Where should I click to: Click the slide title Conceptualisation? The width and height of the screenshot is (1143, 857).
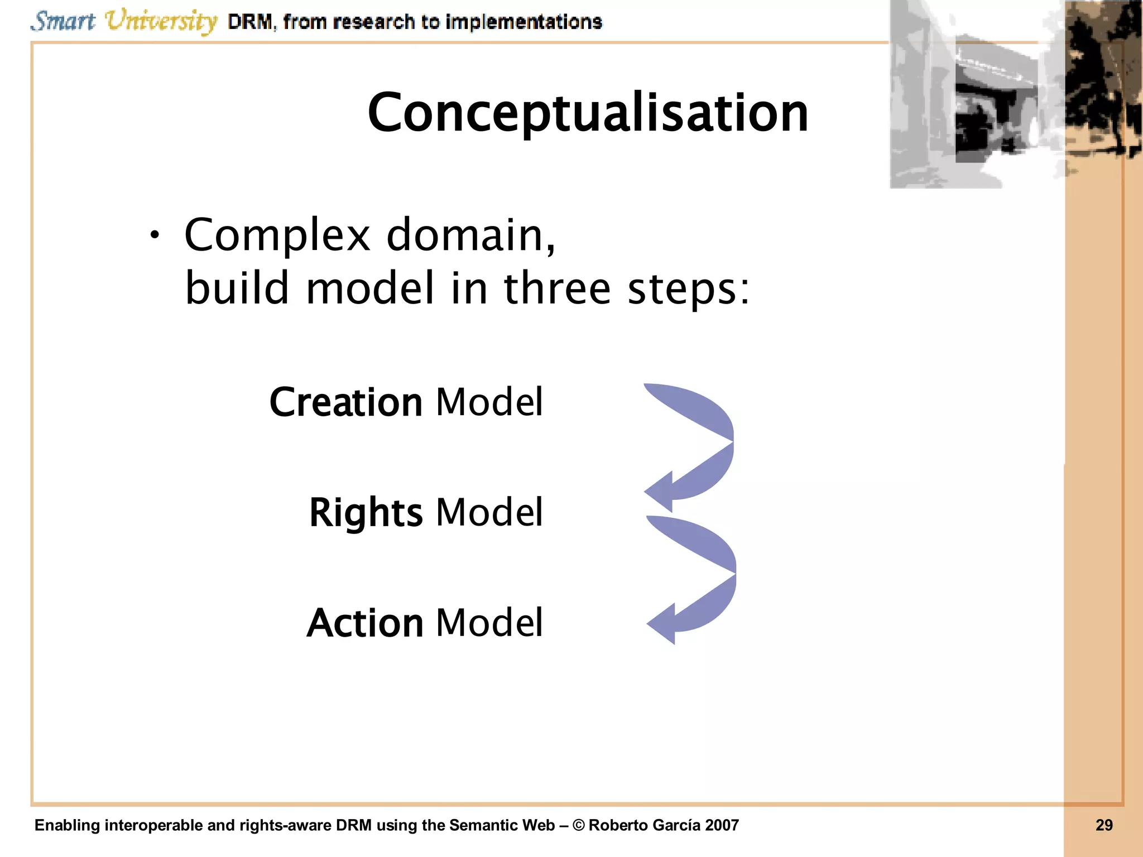click(587, 113)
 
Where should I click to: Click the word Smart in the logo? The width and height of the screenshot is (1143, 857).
click(63, 21)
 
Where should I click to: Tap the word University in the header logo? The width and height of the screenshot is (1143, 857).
click(161, 21)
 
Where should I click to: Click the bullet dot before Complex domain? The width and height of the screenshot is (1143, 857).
click(155, 236)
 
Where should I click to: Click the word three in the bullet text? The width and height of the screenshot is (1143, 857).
click(557, 288)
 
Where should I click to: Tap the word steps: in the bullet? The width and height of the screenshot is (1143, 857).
click(688, 290)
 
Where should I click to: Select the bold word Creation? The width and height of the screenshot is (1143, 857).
click(346, 402)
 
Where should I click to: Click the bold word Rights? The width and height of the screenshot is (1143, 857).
click(366, 513)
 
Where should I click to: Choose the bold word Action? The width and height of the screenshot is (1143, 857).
click(365, 623)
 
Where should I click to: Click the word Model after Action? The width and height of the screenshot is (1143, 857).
click(489, 623)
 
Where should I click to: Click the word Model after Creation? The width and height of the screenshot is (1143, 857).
click(489, 402)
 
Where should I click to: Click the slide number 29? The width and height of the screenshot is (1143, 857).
click(1103, 825)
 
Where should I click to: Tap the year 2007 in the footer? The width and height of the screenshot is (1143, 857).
click(721, 825)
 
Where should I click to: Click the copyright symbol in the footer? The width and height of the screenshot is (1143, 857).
click(578, 825)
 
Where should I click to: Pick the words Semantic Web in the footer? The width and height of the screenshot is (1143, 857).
click(502, 825)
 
